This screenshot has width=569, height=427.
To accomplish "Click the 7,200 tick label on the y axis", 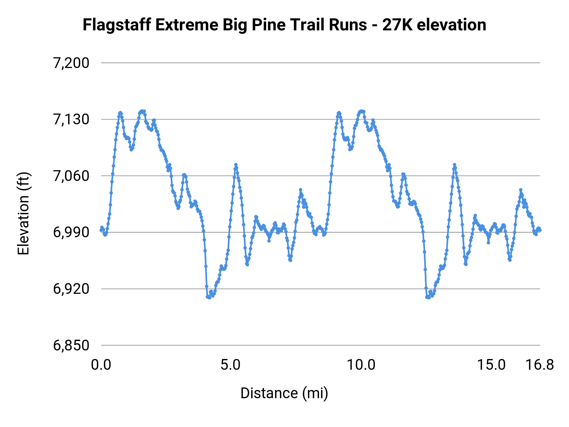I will click(71, 63).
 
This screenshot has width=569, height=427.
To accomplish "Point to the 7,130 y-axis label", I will click(71, 120).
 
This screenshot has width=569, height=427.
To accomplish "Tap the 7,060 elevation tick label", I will click(71, 176).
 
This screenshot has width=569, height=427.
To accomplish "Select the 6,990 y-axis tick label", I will click(71, 232).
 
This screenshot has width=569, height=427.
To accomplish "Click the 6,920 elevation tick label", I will click(71, 289).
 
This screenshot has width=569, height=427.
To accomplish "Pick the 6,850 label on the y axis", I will click(71, 345).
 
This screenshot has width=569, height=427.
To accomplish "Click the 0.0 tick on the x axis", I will click(101, 365).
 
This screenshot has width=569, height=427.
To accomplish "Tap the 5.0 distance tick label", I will click(230, 365).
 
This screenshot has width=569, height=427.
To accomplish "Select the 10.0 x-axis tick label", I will click(361, 365).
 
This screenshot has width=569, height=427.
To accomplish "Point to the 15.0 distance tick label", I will click(491, 365).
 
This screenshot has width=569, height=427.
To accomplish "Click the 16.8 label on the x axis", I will click(540, 365).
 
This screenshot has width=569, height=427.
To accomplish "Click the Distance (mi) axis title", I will click(284, 393).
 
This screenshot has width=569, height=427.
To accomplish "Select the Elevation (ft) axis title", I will click(23, 213).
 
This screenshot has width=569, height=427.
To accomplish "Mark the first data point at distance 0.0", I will click(101, 230).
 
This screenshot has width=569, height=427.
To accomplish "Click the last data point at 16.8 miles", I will click(540, 230).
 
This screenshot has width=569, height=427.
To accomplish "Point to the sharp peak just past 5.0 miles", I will click(236, 165).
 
